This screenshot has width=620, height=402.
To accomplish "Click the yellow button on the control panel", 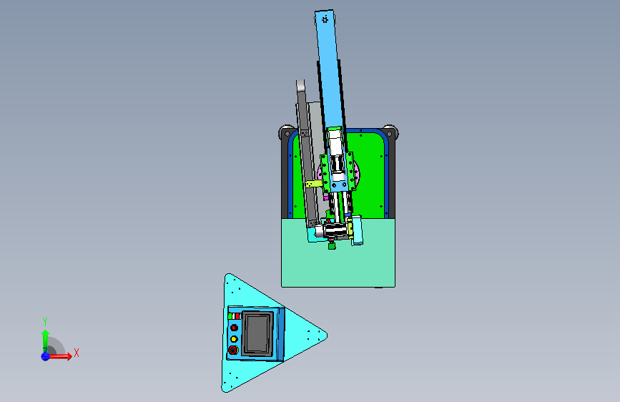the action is [x=234, y=339].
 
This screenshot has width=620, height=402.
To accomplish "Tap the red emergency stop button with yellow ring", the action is [x=233, y=350].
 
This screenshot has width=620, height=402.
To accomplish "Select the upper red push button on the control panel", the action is [x=234, y=328].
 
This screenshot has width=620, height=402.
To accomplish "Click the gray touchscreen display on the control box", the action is [x=258, y=333].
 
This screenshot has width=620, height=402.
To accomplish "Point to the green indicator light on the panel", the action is [x=230, y=316].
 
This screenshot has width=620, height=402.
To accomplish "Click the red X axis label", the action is [x=77, y=353].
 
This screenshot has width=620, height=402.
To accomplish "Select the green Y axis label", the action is [x=45, y=322].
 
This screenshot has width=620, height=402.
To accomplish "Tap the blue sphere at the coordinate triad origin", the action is [x=46, y=356].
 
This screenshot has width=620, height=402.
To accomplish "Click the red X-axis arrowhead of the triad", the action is [x=69, y=356].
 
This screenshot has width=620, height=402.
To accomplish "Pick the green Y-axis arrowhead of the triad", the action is [x=46, y=333].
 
